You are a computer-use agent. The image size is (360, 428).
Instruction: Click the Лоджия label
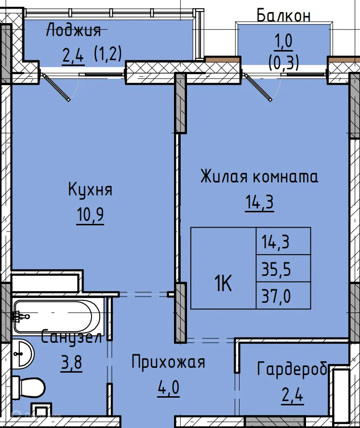point(73,31)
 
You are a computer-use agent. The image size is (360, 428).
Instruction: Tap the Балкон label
point(283,15)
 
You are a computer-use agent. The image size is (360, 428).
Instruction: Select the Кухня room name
point(90,190)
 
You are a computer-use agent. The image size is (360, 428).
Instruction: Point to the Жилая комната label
point(259,177)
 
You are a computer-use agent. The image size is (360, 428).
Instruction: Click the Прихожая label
point(168,362)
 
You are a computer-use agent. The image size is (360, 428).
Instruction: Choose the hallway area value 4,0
point(168,388)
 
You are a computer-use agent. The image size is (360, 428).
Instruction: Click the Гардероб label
point(293,370)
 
